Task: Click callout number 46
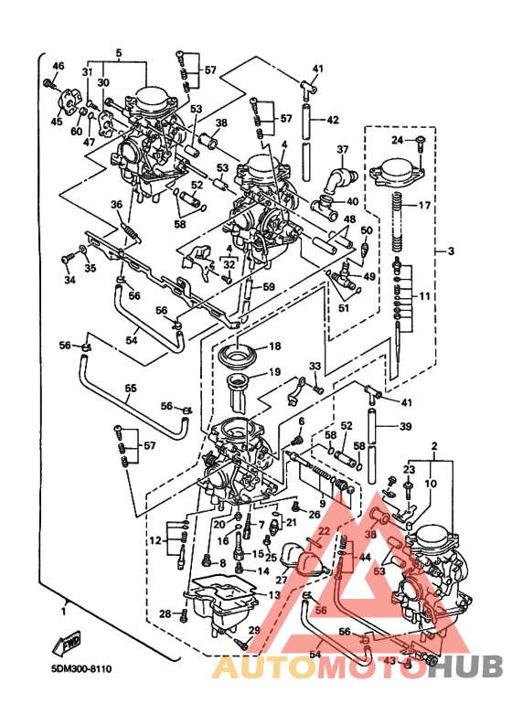59,66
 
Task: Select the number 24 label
398,140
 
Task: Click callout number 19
274,372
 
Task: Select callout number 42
333,120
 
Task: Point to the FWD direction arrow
71,646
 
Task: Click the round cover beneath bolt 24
398,172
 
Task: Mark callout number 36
116,204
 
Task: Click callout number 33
314,367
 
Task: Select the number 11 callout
424,296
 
